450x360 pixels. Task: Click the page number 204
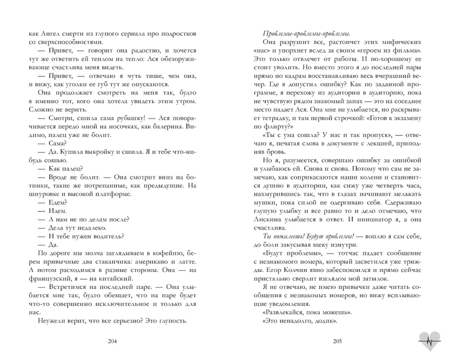(113, 341)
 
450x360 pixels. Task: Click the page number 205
(337, 341)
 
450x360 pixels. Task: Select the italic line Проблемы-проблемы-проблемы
(306, 33)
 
